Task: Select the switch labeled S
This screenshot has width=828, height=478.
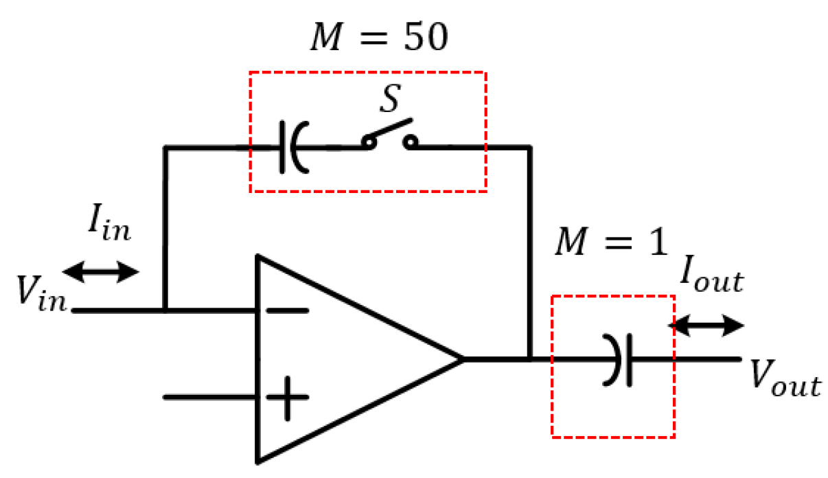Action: coord(389,137)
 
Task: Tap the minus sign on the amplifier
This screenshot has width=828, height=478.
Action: coord(287,310)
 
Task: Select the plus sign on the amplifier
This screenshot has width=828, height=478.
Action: coord(287,398)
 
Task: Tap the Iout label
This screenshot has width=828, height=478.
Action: coord(710,276)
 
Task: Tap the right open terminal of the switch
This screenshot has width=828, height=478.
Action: coord(411,143)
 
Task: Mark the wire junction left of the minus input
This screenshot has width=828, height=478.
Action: coord(165,310)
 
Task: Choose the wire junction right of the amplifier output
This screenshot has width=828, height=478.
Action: coord(530,358)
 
